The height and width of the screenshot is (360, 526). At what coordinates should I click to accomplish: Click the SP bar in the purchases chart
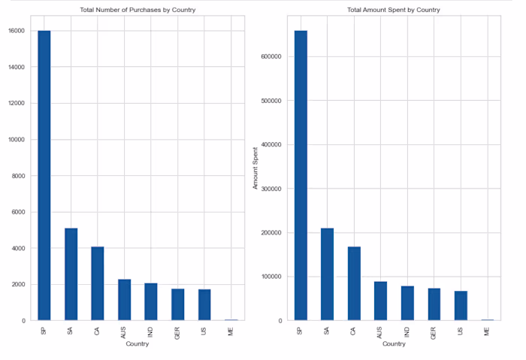pyautogui.click(x=44, y=176)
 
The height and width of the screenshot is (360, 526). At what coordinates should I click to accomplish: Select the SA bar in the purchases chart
pyautogui.click(x=71, y=274)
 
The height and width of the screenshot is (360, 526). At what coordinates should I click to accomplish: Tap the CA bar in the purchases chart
pyautogui.click(x=98, y=283)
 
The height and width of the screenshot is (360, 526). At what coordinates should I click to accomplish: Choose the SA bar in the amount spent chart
pyautogui.click(x=327, y=274)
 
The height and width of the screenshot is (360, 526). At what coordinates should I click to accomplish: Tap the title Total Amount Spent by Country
pyautogui.click(x=393, y=10)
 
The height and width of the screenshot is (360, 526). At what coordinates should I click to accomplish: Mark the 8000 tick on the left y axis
pyautogui.click(x=18, y=176)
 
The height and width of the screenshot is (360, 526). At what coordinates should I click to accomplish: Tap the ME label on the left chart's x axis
pyautogui.click(x=231, y=329)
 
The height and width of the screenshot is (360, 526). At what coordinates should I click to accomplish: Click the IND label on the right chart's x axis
pyautogui.click(x=407, y=330)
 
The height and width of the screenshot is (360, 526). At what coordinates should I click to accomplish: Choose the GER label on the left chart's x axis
pyautogui.click(x=178, y=331)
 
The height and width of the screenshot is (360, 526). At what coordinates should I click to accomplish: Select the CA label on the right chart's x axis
pyautogui.click(x=354, y=329)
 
